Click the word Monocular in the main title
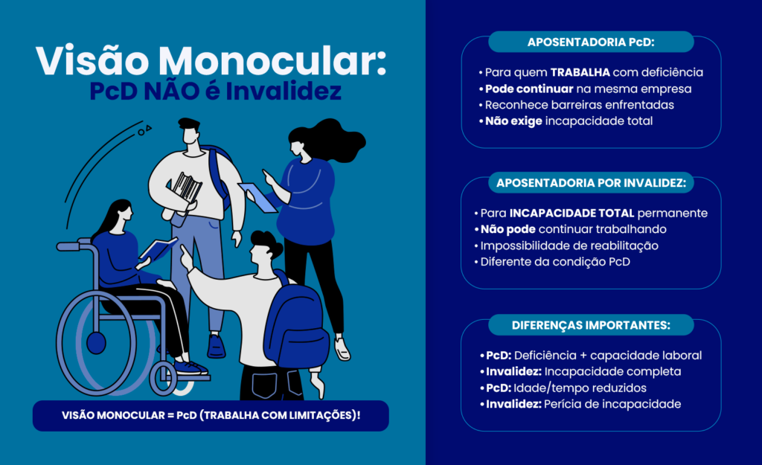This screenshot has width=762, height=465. click(x=272, y=61)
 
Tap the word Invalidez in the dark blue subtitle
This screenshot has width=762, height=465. click(x=284, y=92)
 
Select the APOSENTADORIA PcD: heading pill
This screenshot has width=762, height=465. click(x=591, y=42)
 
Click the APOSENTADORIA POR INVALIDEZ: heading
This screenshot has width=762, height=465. click(x=591, y=183)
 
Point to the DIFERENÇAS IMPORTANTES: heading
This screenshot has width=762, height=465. click(x=591, y=325)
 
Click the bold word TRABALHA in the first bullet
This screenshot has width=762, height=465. click(x=580, y=72)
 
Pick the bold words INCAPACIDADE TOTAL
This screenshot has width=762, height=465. click(x=571, y=214)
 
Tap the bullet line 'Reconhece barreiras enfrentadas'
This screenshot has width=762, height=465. click(x=577, y=105)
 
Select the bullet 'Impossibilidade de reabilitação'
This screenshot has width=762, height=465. click(x=566, y=246)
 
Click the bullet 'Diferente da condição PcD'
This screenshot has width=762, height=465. click(x=552, y=262)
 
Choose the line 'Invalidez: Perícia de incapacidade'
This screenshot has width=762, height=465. click(x=580, y=404)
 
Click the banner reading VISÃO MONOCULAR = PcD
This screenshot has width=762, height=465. click(x=211, y=415)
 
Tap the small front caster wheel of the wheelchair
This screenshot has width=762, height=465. click(x=163, y=379)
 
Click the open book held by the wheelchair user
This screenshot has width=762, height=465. click(x=158, y=248)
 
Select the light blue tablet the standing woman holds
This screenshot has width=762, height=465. click(x=257, y=197)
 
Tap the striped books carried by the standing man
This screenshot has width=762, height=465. click(x=185, y=187)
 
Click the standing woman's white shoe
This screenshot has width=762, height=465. click(x=342, y=349)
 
